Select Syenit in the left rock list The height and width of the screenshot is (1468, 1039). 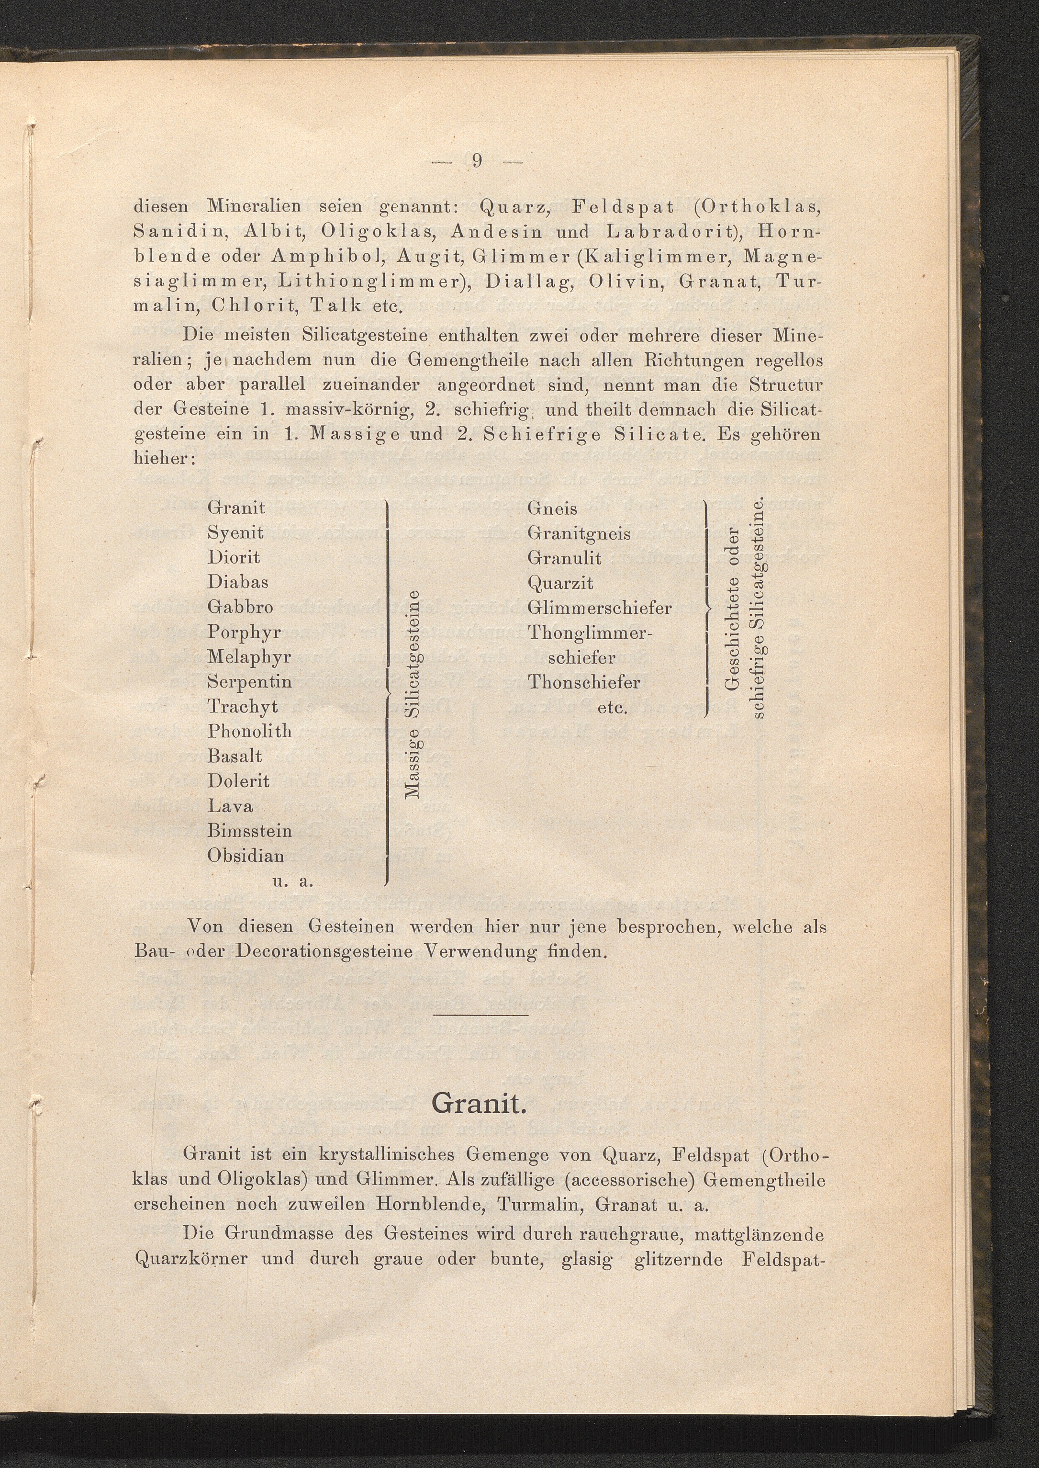[x=235, y=533]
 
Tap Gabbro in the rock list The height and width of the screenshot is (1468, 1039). [x=240, y=607]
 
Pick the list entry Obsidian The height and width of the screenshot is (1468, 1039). [x=246, y=856]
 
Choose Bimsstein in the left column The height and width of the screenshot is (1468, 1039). [x=249, y=831]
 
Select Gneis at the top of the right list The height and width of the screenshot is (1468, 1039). [x=552, y=509]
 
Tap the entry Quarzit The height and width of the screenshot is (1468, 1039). [x=560, y=583]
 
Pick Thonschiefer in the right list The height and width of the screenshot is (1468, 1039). [x=583, y=682]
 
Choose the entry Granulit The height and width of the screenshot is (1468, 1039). [x=564, y=558]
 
